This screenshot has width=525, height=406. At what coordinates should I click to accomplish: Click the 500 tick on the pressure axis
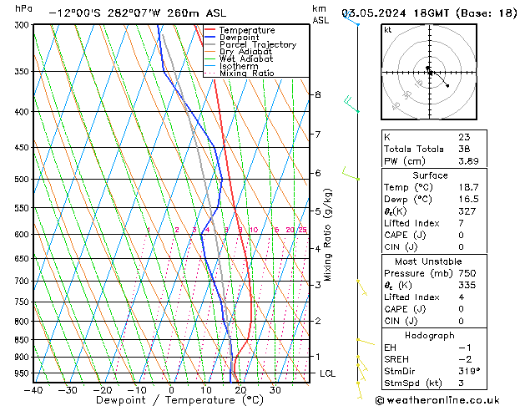point(23,179)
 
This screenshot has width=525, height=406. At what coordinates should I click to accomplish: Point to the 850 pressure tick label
point(23,340)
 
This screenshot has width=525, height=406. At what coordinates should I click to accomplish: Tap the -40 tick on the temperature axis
point(34,389)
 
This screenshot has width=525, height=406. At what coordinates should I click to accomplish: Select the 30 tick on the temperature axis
point(275,389)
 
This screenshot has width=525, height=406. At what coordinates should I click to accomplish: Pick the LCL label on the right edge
point(327,373)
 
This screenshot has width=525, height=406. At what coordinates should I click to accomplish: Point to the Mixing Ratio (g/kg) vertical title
point(329,235)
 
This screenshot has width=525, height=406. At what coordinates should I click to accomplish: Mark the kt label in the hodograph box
point(387,29)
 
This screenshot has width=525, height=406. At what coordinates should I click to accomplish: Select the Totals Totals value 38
point(464,149)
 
